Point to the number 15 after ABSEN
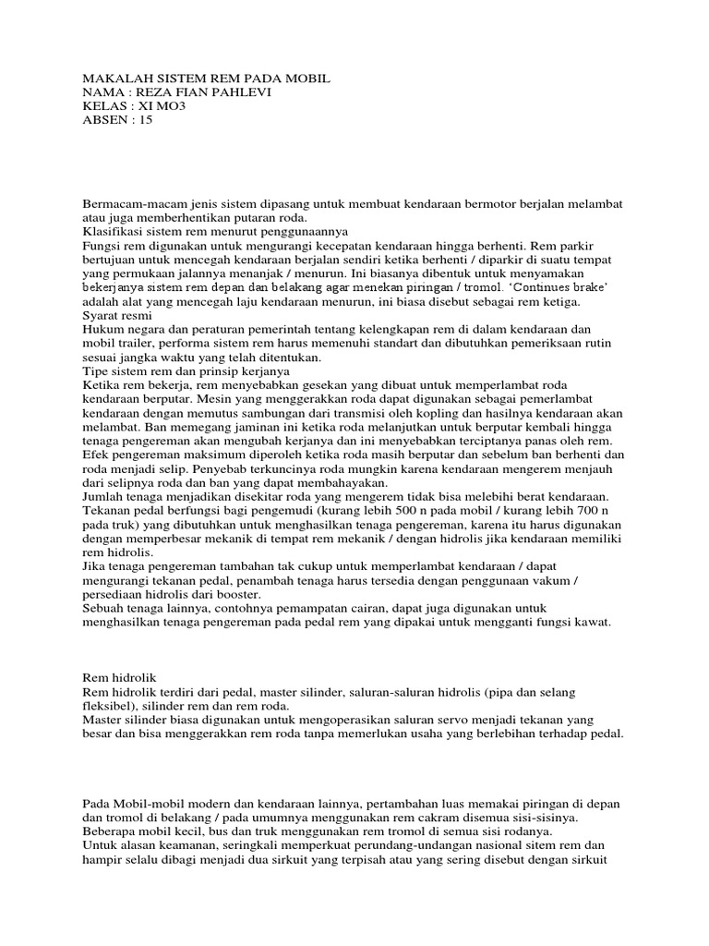pos(146,119)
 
